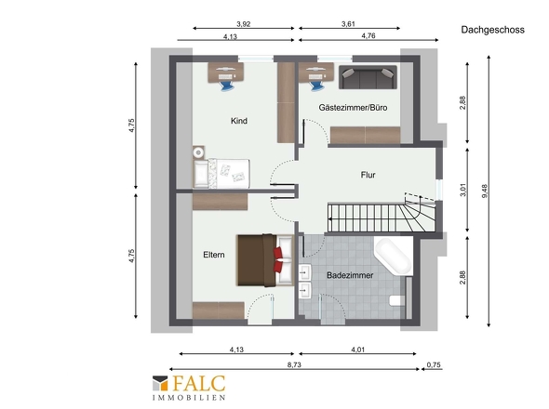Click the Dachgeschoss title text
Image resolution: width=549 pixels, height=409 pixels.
492,30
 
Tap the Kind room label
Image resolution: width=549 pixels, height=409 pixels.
239,121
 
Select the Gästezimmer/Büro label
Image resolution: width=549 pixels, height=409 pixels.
353,108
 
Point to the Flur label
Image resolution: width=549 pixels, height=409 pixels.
368,175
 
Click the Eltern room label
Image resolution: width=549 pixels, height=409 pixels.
214,255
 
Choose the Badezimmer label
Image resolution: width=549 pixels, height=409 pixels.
350,275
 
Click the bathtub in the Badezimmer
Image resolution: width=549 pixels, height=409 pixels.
394,257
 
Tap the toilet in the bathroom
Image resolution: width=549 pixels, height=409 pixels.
397,300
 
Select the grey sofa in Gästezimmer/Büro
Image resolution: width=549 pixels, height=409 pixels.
368,77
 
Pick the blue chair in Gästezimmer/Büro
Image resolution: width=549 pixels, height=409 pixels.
316,86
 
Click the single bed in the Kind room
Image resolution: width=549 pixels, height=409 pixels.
221,174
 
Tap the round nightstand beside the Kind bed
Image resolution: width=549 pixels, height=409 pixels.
198,152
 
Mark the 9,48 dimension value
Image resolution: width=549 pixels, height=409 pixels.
485,191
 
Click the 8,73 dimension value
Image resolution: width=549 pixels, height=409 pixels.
294,364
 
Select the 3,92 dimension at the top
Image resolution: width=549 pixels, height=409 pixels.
244,24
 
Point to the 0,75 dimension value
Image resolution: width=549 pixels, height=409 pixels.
434,364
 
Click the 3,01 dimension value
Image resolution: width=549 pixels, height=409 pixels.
462,190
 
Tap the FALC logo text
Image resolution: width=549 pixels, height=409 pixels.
198,384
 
